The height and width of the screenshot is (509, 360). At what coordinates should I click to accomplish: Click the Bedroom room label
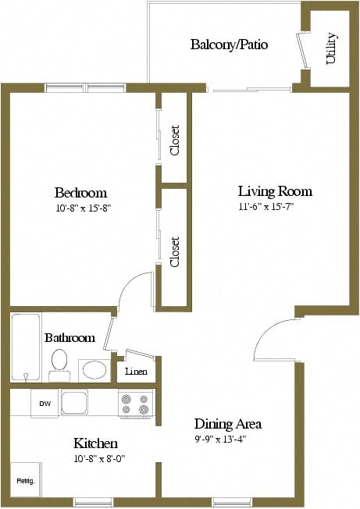[x=80, y=193]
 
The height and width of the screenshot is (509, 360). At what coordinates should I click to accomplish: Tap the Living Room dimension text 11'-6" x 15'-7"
[x=266, y=206]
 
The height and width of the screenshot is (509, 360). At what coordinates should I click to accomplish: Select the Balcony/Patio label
[x=229, y=44]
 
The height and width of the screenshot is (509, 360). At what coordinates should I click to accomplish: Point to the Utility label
[x=331, y=48]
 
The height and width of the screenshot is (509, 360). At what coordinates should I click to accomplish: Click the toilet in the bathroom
[x=59, y=365]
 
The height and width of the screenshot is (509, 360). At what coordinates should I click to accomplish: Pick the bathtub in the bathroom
[x=26, y=347]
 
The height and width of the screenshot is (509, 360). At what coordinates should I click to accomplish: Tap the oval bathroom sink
[x=94, y=370]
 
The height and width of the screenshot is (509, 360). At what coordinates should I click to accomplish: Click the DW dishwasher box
[x=45, y=403]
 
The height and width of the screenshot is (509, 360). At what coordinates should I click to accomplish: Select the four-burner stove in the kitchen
[x=135, y=403]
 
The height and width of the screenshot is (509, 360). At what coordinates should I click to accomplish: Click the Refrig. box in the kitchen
[x=26, y=479]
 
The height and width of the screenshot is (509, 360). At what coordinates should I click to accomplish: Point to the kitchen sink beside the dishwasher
[x=74, y=402]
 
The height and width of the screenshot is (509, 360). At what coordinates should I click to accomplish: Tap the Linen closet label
[x=136, y=371]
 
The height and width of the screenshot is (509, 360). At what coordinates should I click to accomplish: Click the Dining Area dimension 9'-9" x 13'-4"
[x=220, y=440]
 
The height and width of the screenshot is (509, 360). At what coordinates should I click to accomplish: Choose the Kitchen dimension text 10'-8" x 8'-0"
[x=100, y=459]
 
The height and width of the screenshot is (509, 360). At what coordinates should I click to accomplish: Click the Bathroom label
[x=70, y=337]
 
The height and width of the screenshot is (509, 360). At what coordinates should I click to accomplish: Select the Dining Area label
[x=228, y=424]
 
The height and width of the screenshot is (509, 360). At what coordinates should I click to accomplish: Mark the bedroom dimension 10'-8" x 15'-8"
[x=84, y=208]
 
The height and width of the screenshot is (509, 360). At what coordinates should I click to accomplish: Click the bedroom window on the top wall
[x=85, y=88]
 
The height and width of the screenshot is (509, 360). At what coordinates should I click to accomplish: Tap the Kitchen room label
[x=95, y=443]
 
